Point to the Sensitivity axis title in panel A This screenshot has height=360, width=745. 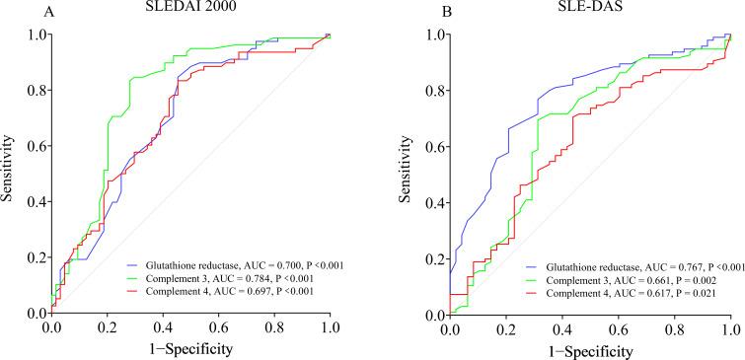click(9, 174)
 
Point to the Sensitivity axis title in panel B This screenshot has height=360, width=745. click(406, 174)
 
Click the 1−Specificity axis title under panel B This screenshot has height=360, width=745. click(589, 350)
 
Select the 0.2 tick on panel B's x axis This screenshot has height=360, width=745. click(505, 326)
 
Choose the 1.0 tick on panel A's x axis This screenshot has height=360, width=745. click(329, 326)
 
